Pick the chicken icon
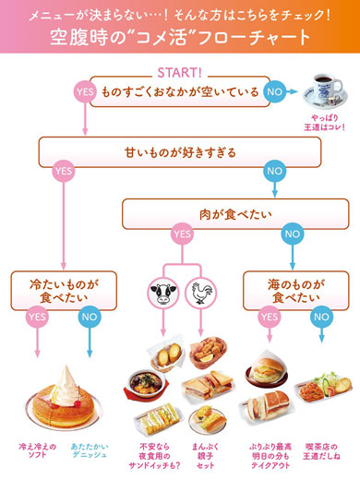click(199, 296)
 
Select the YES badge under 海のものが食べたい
click(270, 316)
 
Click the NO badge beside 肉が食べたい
click(292, 234)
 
